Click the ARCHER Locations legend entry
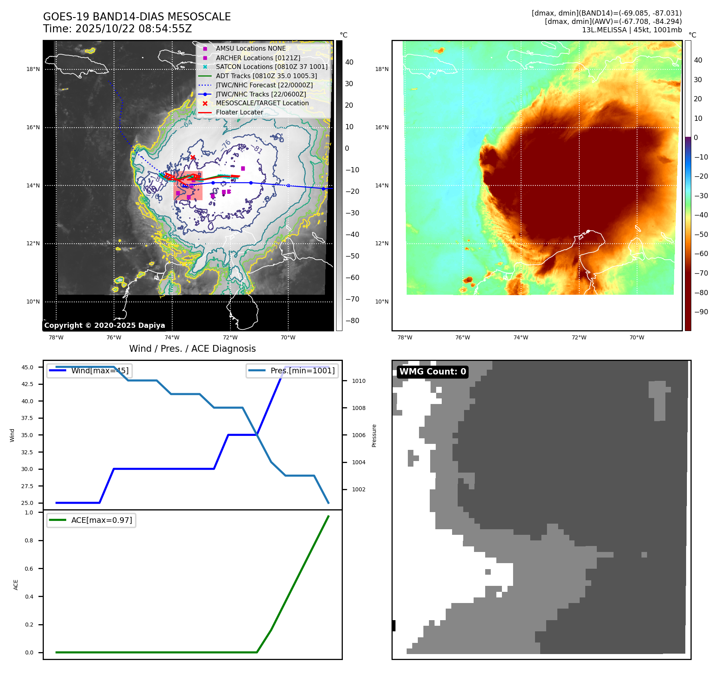[258, 58]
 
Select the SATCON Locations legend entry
[271, 67]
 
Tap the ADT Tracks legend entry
[266, 76]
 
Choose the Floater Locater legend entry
[239, 112]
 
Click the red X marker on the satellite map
[193, 158]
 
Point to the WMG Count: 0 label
[433, 372]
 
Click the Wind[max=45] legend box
[90, 371]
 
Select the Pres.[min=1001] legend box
[292, 371]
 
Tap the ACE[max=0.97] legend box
[91, 520]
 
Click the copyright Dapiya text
[104, 325]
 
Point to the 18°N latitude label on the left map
[33, 69]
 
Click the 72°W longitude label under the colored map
[579, 337]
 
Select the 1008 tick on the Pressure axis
[358, 408]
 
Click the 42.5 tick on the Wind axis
[28, 384]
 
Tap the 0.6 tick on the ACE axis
[29, 569]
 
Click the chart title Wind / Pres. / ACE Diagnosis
[192, 349]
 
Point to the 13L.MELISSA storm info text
[631, 30]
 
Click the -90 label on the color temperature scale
[701, 312]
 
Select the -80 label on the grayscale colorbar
[352, 321]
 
